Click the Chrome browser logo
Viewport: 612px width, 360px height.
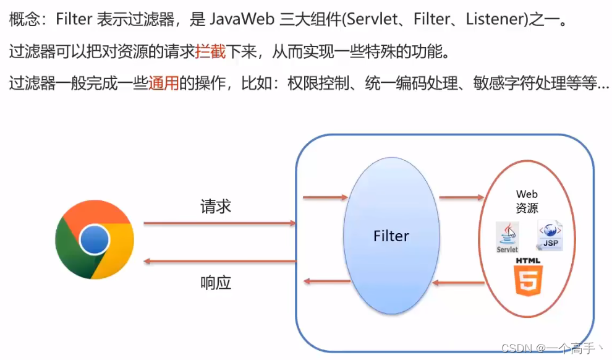[x=94, y=239]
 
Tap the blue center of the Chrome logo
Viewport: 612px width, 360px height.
[x=95, y=239]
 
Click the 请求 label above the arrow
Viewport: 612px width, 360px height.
[x=216, y=207]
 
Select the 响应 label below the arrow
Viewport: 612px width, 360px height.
[x=216, y=283]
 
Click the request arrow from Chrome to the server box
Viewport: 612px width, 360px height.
[x=219, y=223]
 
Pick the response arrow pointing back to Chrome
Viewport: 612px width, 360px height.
[x=219, y=261]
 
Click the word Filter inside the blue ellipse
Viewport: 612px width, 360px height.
[x=391, y=236]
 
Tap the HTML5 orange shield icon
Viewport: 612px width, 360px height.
[x=528, y=278]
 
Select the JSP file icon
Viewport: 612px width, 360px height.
[x=550, y=235]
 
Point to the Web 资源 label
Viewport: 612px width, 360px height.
[x=527, y=202]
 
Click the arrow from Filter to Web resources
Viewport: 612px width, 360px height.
[x=461, y=198]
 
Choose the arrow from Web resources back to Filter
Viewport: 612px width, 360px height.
[x=458, y=283]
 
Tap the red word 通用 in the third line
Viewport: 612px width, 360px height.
[x=163, y=84]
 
